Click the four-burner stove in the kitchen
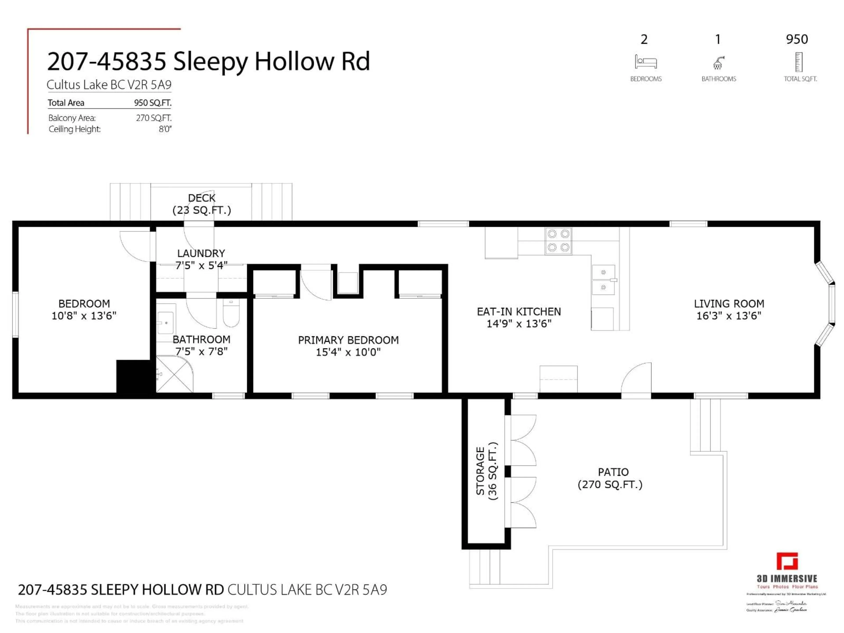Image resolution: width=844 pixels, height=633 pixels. click(x=558, y=241)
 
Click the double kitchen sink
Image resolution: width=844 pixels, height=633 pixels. click(x=603, y=280)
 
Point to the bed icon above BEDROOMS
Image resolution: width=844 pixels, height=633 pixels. click(x=646, y=62)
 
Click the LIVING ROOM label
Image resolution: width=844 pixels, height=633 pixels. click(x=729, y=304)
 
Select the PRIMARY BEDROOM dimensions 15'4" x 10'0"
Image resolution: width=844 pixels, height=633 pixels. click(x=348, y=352)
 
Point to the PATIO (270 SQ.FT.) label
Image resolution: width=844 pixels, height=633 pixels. click(x=610, y=478)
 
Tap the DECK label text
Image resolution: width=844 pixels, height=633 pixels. click(x=202, y=198)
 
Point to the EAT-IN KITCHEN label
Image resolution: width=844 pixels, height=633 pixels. click(x=519, y=312)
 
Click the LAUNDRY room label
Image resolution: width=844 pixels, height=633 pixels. click(x=201, y=253)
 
